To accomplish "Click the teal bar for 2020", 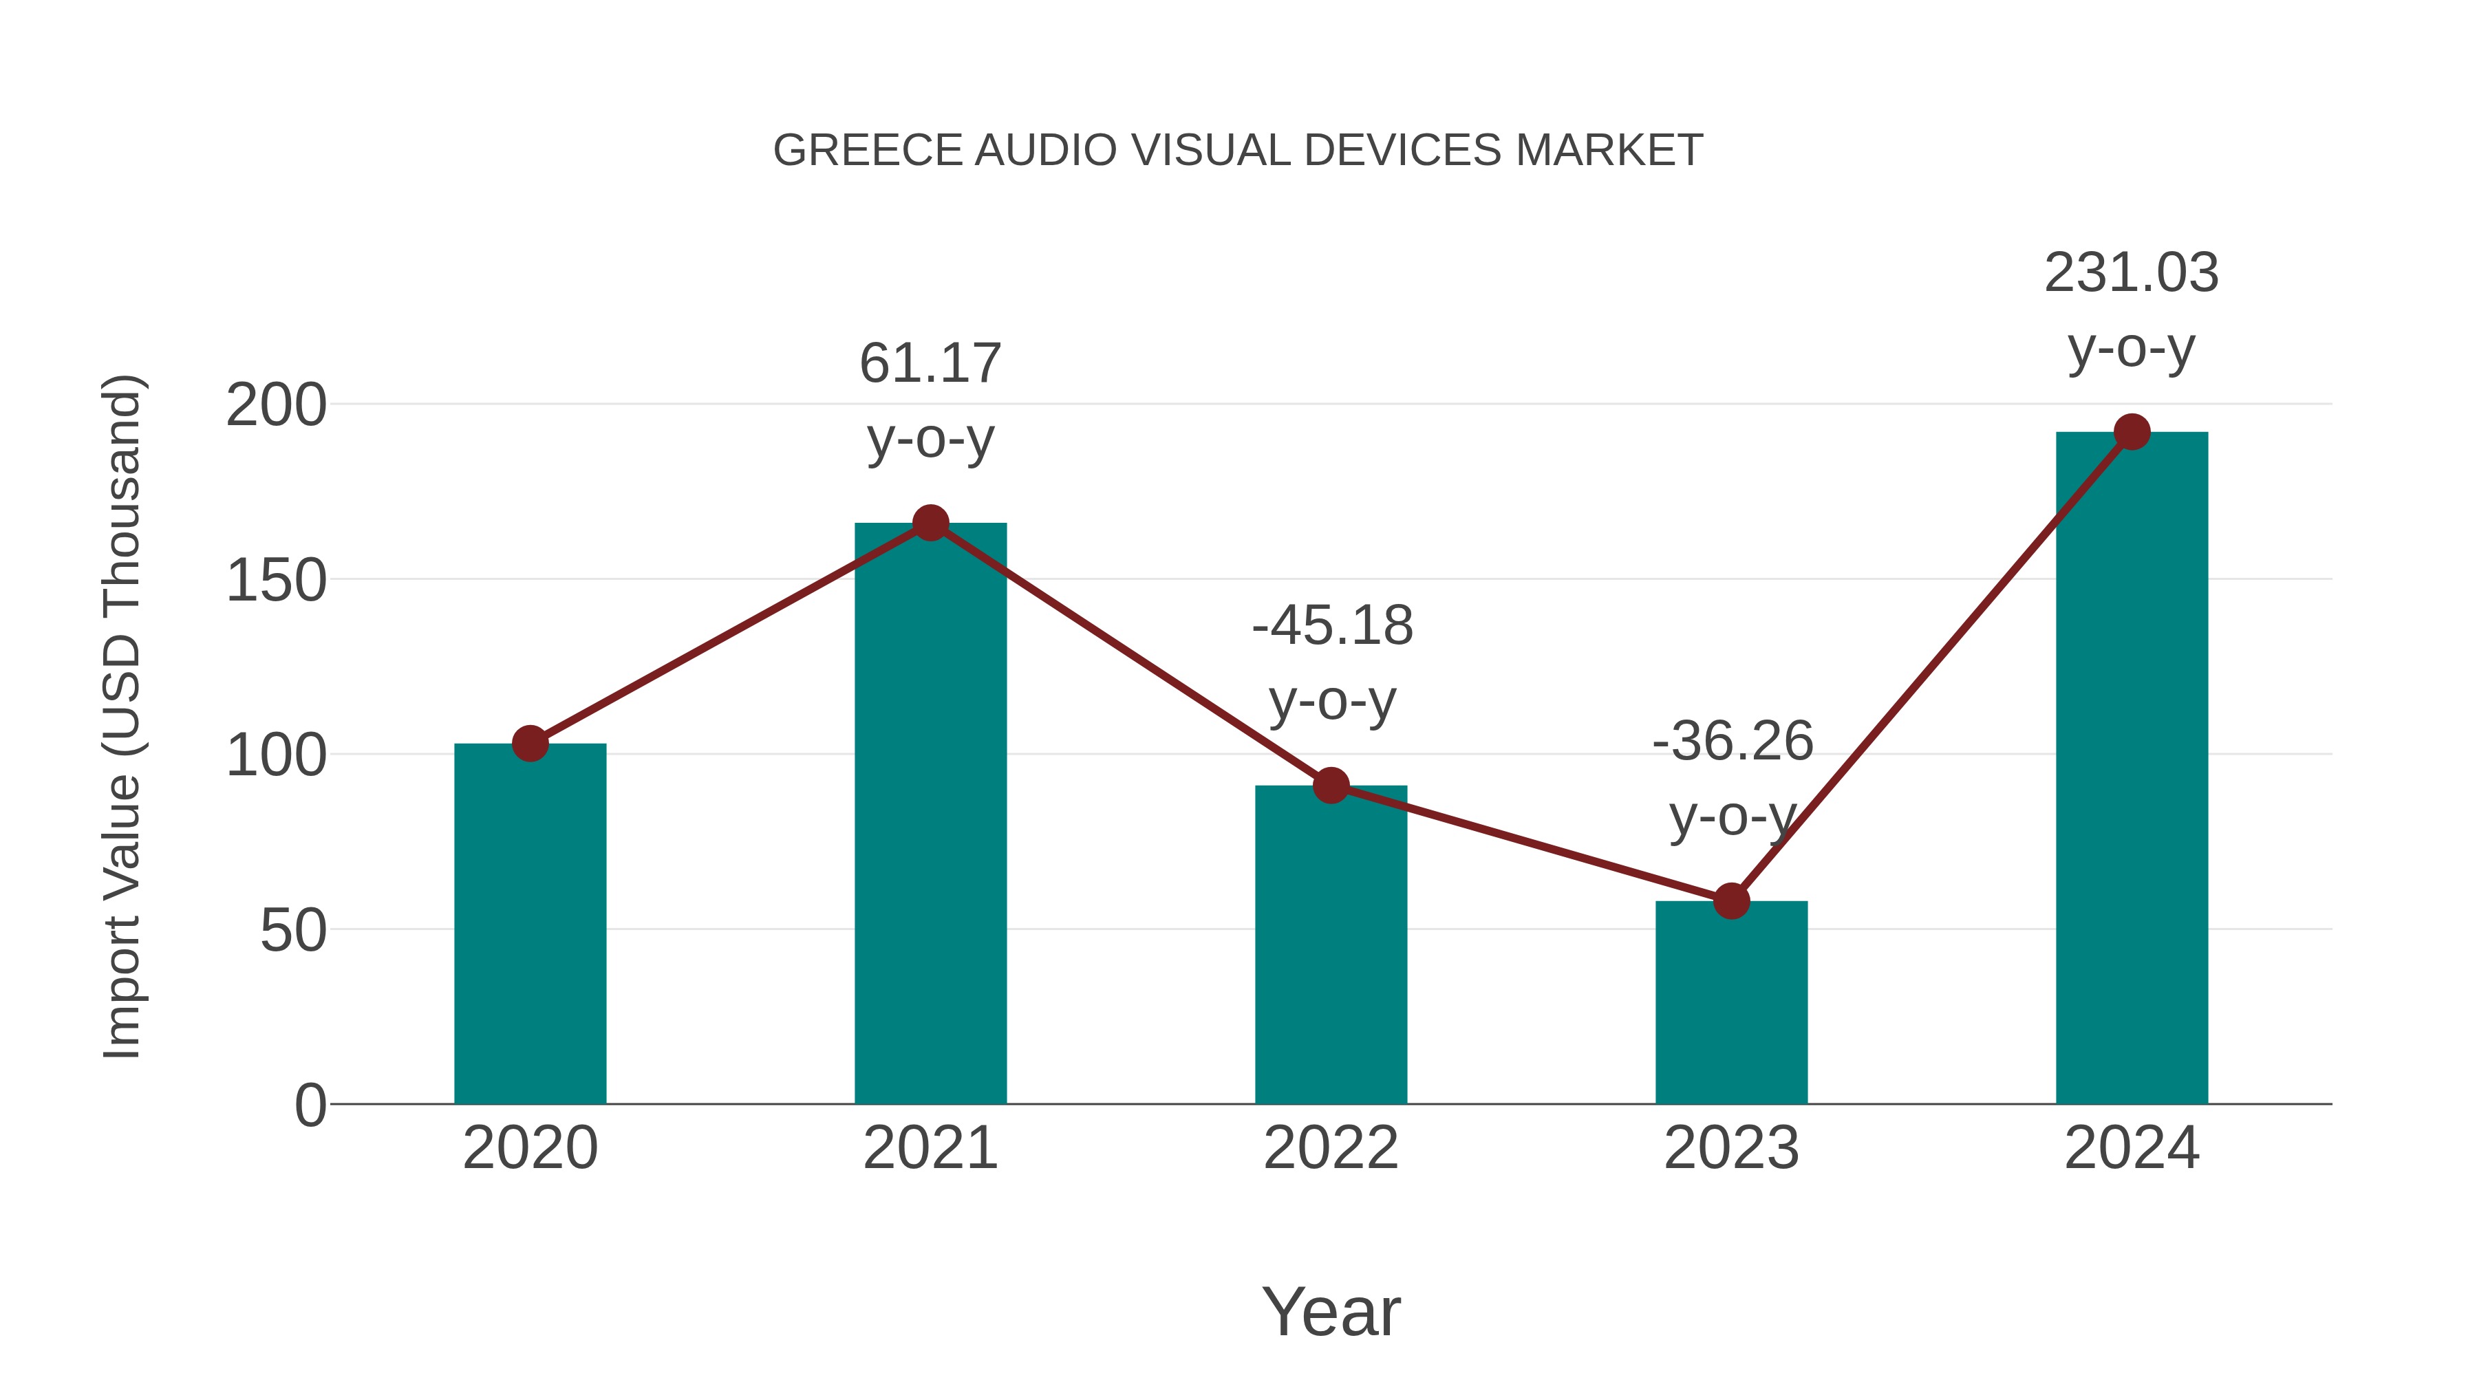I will point(530,923).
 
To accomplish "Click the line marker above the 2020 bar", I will point(530,743).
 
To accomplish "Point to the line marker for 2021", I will point(930,523).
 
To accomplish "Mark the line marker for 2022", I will point(1331,786).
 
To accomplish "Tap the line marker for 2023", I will point(1731,900).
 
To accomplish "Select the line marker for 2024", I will point(2132,431).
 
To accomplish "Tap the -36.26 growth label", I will point(1732,741).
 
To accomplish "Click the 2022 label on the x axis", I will point(1331,1148).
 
